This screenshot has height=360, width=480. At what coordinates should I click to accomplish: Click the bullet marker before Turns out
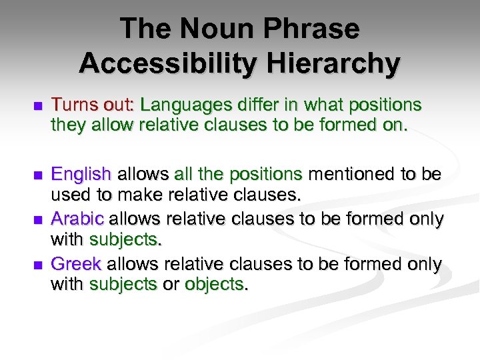point(37,106)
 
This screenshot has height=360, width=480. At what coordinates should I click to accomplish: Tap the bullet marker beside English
point(37,175)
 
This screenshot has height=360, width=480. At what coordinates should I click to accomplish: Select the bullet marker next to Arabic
point(37,219)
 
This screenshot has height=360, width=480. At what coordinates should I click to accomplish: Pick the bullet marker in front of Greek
point(37,265)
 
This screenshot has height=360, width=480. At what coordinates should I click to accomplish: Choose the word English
point(81,175)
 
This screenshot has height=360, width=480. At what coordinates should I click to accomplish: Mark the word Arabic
point(77,219)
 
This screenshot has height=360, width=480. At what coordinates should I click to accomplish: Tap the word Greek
point(76,264)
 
